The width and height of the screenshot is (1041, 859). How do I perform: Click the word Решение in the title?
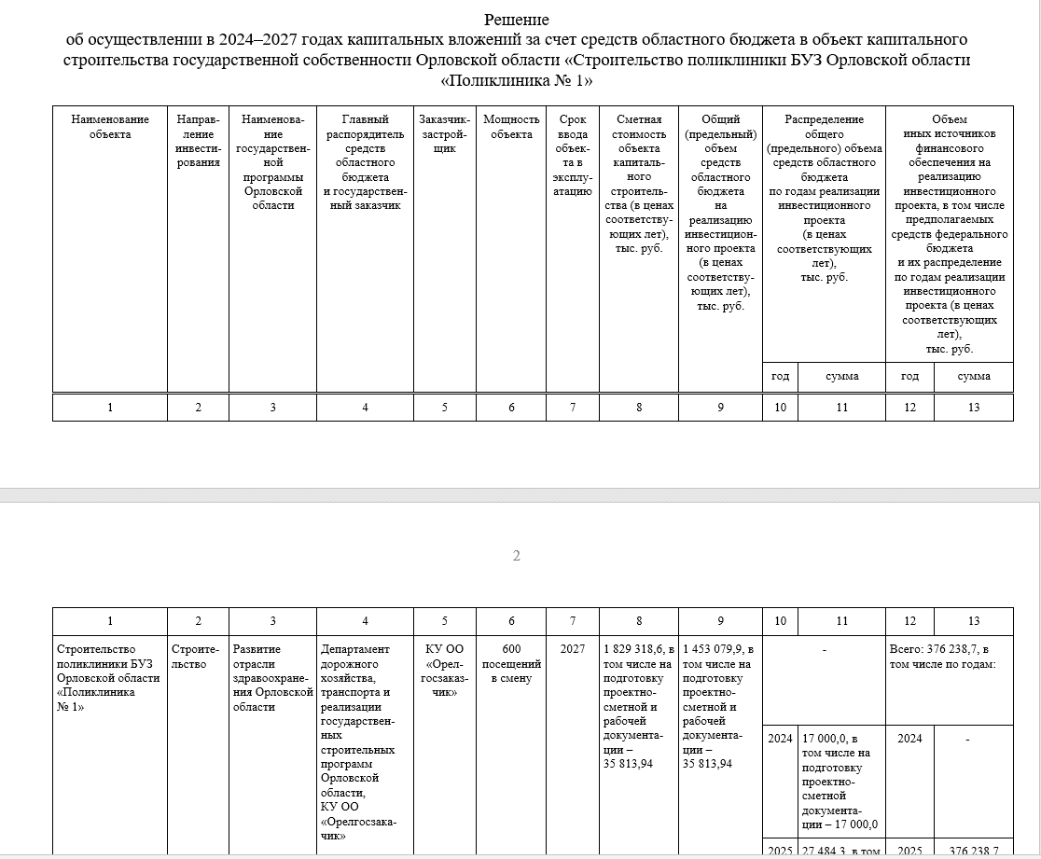click(516, 20)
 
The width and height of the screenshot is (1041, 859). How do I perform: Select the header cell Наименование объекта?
click(110, 127)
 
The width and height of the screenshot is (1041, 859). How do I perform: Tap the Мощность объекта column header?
click(511, 127)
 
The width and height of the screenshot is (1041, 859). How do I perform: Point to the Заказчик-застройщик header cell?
click(444, 133)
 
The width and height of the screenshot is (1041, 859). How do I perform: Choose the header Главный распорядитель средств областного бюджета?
click(365, 162)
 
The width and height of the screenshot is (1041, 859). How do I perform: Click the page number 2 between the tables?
click(517, 557)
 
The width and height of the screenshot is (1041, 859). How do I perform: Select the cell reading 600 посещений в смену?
click(511, 663)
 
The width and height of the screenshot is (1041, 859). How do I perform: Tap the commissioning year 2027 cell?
click(573, 649)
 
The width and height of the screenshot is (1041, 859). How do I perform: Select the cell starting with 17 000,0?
click(840, 781)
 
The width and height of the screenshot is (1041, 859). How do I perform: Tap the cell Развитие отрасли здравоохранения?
click(272, 677)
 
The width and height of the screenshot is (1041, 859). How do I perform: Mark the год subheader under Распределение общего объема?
click(780, 377)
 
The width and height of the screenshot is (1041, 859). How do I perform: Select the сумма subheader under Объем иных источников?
click(974, 377)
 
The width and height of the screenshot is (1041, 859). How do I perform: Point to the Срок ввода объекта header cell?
click(573, 155)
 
